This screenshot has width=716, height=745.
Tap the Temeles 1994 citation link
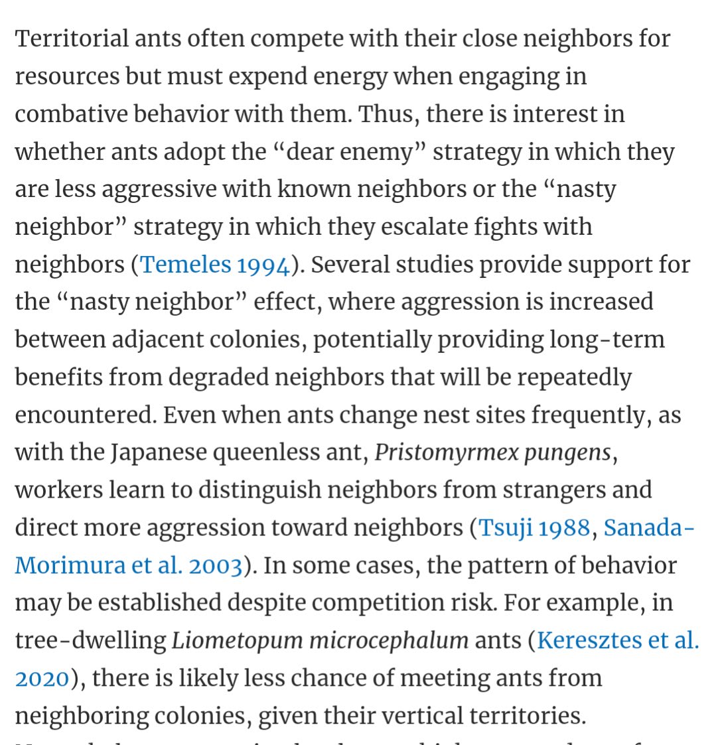[216, 265]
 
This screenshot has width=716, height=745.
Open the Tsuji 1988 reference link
[534, 527]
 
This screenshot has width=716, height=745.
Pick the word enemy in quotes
[384, 152]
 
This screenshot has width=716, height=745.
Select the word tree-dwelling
[90, 641]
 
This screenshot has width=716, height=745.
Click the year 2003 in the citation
[215, 566]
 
